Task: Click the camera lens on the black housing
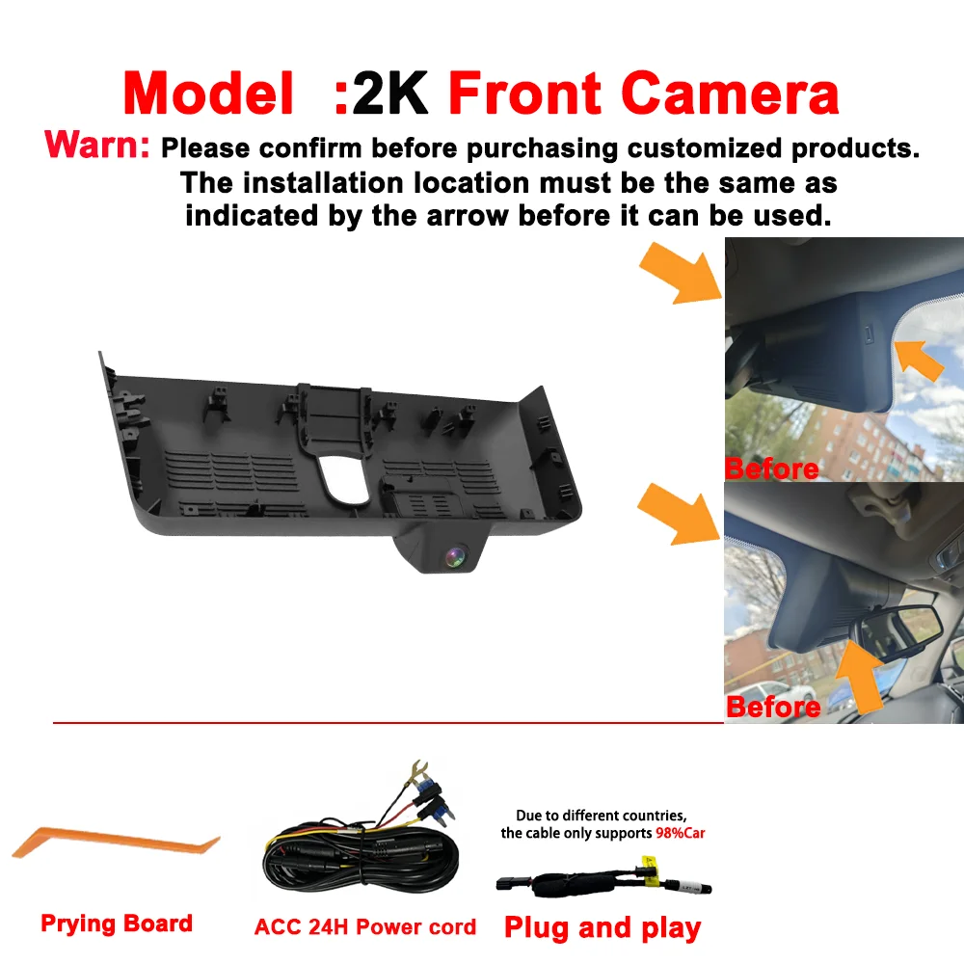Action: pyautogui.click(x=456, y=557)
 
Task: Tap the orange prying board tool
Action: pyautogui.click(x=116, y=843)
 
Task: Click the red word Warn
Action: pyautogui.click(x=97, y=146)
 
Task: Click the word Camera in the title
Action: pyautogui.click(x=730, y=94)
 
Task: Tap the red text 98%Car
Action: pyautogui.click(x=680, y=833)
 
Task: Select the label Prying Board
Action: pyautogui.click(x=117, y=924)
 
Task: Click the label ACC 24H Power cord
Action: pyautogui.click(x=365, y=926)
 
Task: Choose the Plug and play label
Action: pyautogui.click(x=602, y=928)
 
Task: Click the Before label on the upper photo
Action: pyautogui.click(x=772, y=469)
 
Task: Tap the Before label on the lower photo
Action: pyautogui.click(x=773, y=707)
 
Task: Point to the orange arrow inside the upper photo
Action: pyautogui.click(x=919, y=360)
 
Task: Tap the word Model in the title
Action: pyautogui.click(x=208, y=94)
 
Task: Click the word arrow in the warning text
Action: pyautogui.click(x=468, y=216)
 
